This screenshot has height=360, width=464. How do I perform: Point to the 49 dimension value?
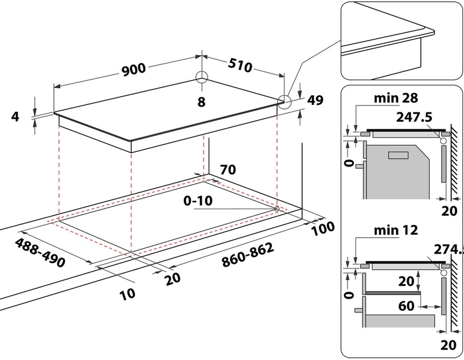coord(316,100)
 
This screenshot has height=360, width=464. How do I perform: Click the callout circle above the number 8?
coord(201,78)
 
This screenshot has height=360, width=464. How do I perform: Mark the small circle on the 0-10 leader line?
coord(276,209)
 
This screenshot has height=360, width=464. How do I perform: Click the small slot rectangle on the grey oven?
coord(398,155)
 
